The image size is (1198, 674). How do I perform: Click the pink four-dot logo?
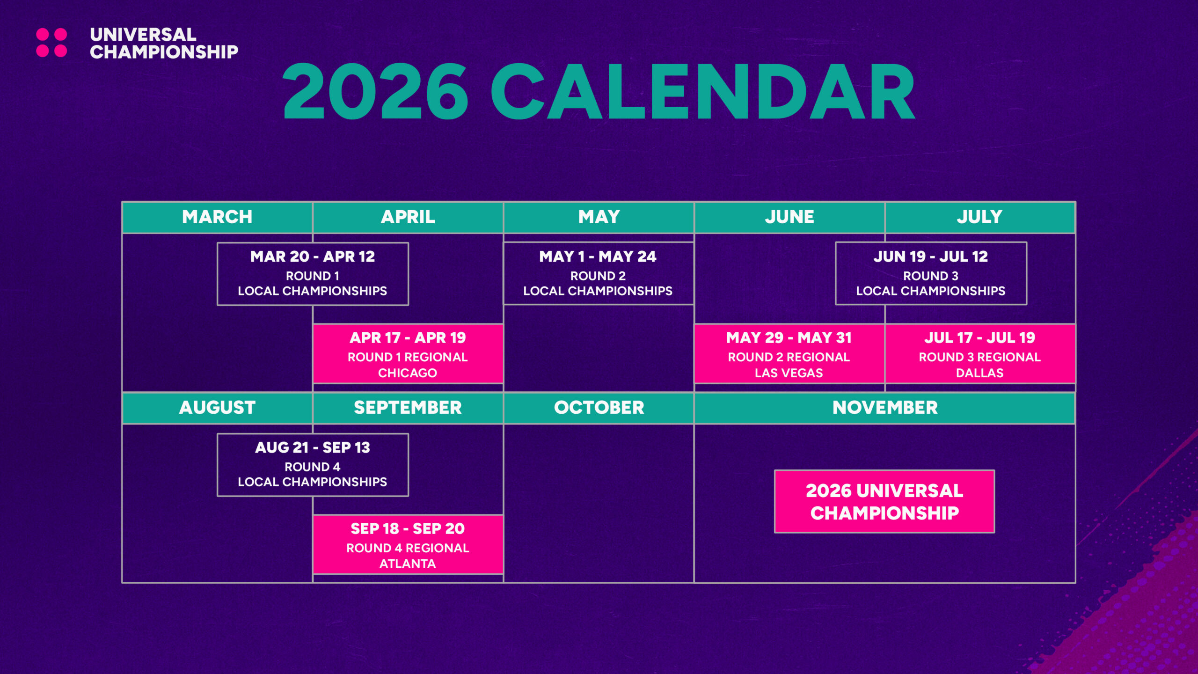click(51, 43)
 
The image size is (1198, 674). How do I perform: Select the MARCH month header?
click(217, 217)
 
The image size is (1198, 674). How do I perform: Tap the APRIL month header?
click(408, 217)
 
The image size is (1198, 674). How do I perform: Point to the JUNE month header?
click(789, 217)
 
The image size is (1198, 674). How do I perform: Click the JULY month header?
click(980, 217)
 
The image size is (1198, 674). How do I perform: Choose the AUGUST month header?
click(217, 408)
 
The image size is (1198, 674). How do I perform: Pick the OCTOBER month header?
click(599, 408)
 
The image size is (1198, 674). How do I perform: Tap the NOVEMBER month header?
click(885, 408)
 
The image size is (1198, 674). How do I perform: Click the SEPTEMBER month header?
click(408, 408)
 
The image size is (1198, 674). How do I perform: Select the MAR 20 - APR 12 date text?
click(313, 256)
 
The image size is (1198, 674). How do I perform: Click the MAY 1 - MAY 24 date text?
click(598, 256)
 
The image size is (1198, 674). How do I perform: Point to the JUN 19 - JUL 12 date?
click(931, 256)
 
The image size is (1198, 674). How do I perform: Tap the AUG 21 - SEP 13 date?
click(313, 447)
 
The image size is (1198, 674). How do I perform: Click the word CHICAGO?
click(408, 373)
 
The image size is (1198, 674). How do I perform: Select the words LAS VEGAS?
click(789, 373)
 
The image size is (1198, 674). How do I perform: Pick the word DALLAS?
click(980, 373)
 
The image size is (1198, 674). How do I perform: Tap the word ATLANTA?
click(408, 564)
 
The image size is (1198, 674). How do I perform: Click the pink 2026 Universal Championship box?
click(884, 501)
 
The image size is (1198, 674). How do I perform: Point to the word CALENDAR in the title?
click(703, 92)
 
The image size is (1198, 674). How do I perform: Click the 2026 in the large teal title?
click(375, 92)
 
